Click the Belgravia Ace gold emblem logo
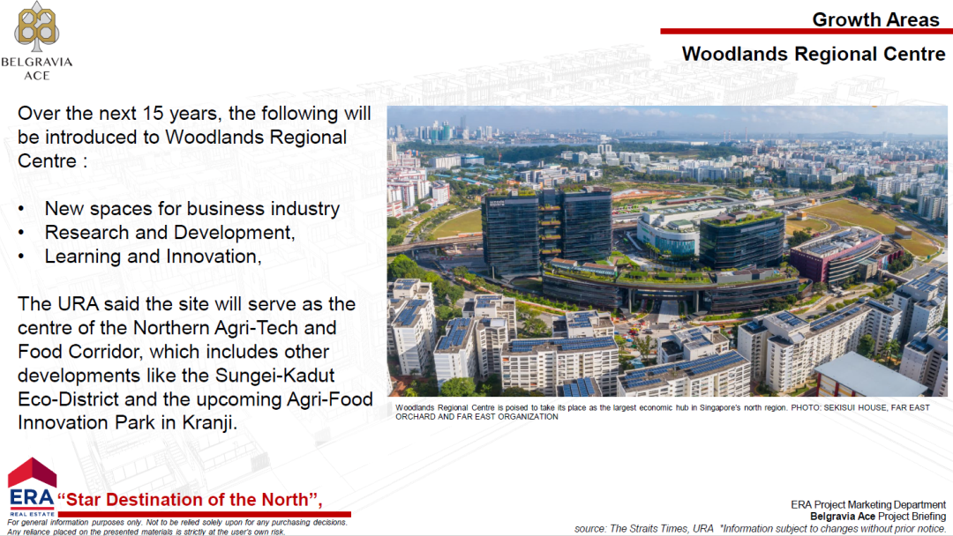(x=37, y=26)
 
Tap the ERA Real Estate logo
(x=32, y=488)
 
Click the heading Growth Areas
(x=875, y=19)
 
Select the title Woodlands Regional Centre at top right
(x=814, y=54)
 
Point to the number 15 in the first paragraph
(x=153, y=114)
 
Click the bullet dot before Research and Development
(x=21, y=233)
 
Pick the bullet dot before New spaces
(x=21, y=210)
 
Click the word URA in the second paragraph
(x=78, y=304)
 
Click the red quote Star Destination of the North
(x=190, y=500)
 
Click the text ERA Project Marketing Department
(x=868, y=505)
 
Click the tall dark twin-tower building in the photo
(x=546, y=232)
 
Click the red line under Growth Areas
(x=807, y=31)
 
